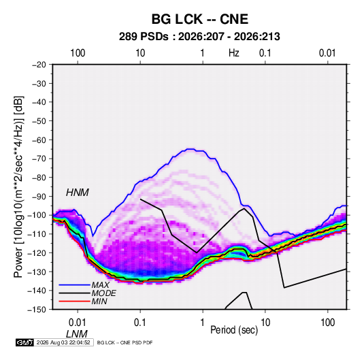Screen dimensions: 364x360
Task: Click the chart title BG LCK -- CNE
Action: click(x=200, y=19)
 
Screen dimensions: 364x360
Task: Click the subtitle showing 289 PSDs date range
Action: click(x=199, y=37)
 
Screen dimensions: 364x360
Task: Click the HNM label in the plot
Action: click(x=78, y=193)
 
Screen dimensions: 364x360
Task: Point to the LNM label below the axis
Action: click(x=77, y=334)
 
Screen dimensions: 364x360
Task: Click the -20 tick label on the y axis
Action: click(x=39, y=65)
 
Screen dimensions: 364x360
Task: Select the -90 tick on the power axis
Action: click(x=39, y=197)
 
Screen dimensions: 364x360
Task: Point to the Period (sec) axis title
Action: click(x=234, y=330)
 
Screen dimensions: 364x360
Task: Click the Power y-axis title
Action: click(x=18, y=186)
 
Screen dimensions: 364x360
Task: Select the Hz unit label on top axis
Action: click(x=234, y=53)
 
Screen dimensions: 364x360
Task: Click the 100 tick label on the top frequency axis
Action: click(x=78, y=53)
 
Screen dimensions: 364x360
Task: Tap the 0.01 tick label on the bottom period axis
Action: click(x=78, y=323)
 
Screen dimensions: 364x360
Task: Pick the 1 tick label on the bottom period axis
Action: click(x=203, y=323)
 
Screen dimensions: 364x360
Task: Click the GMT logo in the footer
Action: click(x=24, y=342)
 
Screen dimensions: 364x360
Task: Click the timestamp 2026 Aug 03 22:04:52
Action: click(x=63, y=342)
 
